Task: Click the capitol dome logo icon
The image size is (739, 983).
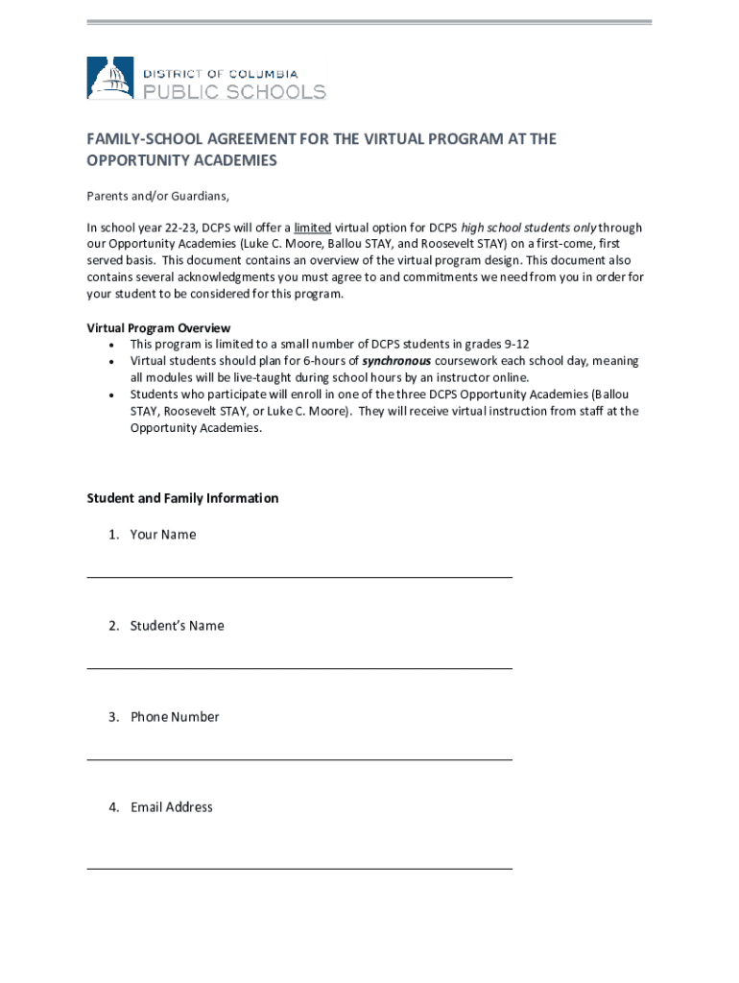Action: pos(110,78)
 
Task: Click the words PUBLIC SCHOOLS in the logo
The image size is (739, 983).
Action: pos(234,92)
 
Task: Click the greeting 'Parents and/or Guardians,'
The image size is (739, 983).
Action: pos(158,197)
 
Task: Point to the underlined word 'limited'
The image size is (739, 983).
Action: pos(313,228)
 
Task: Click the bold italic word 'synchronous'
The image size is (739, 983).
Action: pos(396,361)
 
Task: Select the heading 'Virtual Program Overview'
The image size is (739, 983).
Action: pos(158,328)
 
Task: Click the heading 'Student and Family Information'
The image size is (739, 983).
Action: pos(182,498)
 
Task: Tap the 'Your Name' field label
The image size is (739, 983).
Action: pos(163,535)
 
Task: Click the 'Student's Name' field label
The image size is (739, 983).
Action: pos(178,626)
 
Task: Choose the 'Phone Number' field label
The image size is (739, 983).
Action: pos(175,717)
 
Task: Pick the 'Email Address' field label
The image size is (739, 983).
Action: pos(172,807)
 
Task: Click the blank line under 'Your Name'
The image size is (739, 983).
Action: pos(299,576)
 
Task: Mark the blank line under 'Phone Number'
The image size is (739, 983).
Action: pos(299,759)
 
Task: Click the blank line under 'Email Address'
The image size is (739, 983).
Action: pos(299,868)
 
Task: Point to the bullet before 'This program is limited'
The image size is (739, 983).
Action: pos(113,345)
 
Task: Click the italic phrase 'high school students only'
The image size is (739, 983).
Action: pos(529,228)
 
